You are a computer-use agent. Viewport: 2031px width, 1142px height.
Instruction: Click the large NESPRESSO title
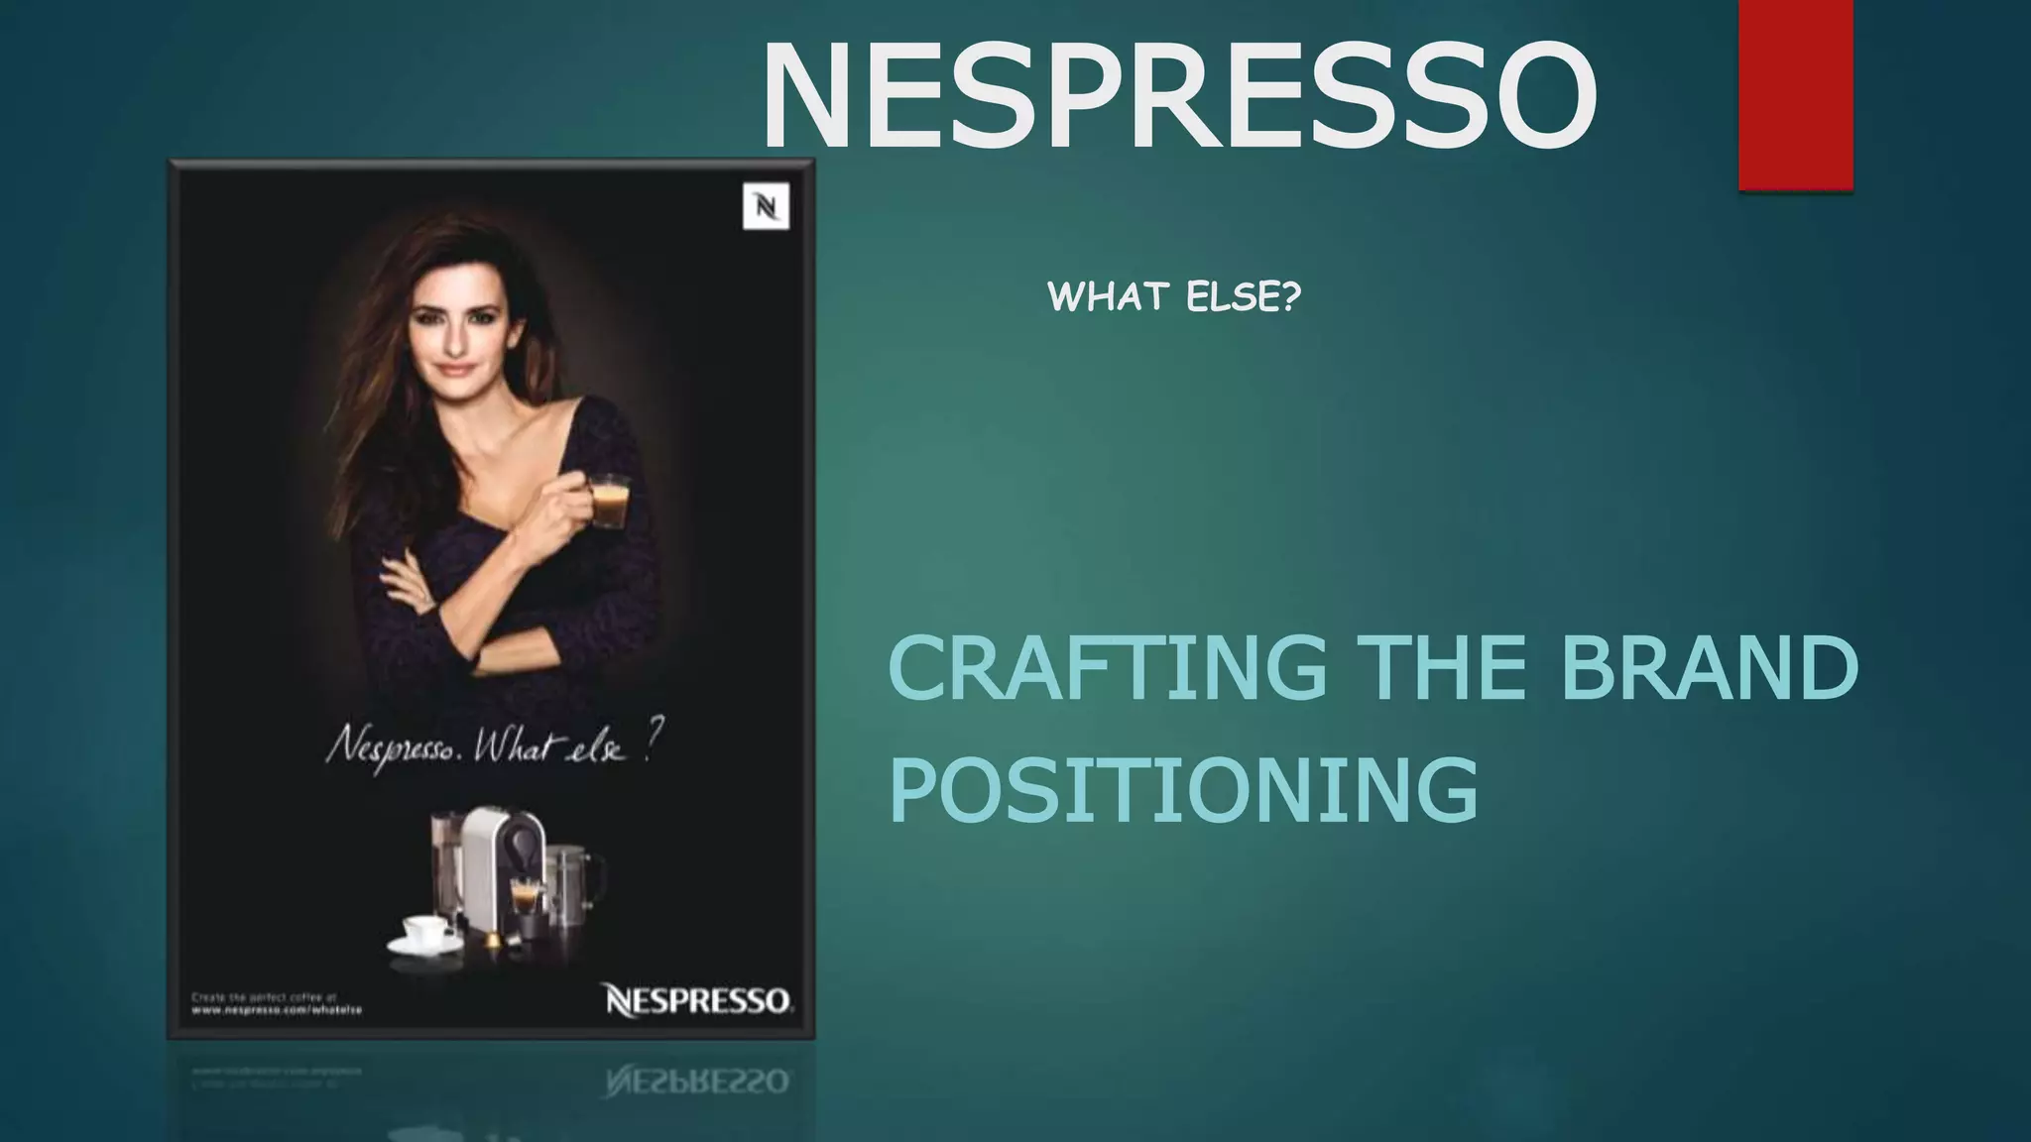click(x=1178, y=97)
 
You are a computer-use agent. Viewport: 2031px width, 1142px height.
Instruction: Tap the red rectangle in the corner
click(x=1796, y=94)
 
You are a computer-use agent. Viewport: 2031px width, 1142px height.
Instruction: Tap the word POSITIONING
click(x=1183, y=789)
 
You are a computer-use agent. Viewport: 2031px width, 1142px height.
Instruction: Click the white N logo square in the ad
click(x=766, y=206)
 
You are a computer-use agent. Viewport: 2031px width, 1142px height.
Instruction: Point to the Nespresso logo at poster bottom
click(x=698, y=999)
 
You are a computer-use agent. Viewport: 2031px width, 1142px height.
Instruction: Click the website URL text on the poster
click(x=277, y=1010)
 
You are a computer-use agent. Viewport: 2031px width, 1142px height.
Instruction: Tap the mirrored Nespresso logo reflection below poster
click(x=698, y=1082)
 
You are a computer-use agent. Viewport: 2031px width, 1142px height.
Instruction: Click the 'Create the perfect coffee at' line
click(x=264, y=996)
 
